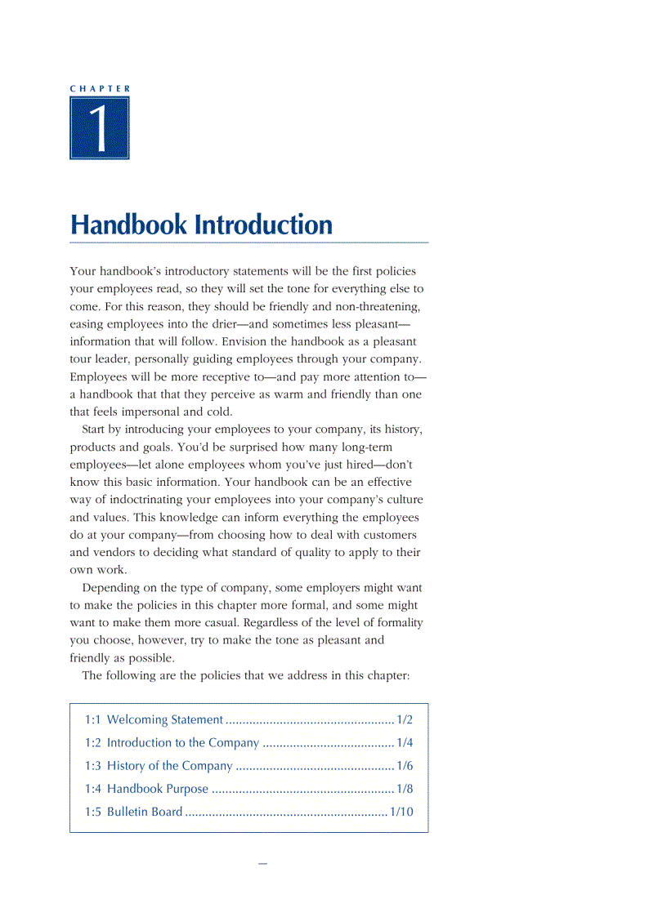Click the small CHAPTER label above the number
100,87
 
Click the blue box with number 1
100,128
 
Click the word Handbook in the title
128,225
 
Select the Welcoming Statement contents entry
164,720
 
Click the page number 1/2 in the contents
405,720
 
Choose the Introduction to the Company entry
182,743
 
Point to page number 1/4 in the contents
405,743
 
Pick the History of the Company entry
169,766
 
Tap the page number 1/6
405,766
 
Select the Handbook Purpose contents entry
157,789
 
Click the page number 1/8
405,789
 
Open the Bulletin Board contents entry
145,812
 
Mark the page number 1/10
401,812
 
